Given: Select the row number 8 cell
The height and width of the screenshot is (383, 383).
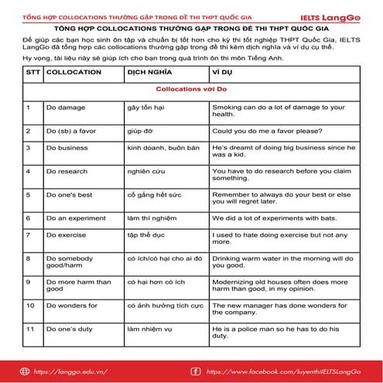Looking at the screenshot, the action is pyautogui.click(x=29, y=258).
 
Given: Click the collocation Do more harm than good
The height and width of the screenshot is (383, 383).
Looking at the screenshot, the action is pyautogui.click(x=78, y=286).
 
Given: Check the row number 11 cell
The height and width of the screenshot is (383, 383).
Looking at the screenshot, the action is pyautogui.click(x=30, y=330).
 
